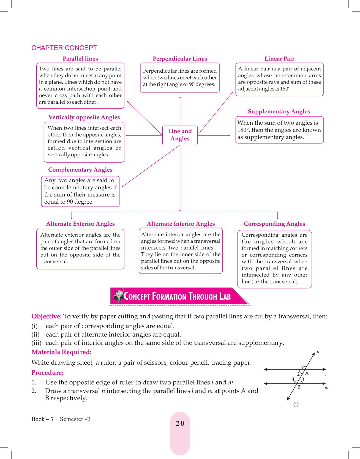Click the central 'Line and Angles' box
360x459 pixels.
180,135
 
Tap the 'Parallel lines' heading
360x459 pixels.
80,59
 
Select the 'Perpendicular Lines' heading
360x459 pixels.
180,59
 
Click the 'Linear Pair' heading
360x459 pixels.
279,59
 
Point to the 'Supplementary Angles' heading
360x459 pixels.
279,111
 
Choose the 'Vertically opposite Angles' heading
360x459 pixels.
84,117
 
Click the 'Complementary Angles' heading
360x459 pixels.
80,170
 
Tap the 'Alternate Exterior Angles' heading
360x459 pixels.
80,224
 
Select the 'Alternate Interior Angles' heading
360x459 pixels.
181,224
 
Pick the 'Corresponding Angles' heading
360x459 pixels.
274,224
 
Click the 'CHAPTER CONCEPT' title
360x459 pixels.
64,48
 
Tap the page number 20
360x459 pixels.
180,423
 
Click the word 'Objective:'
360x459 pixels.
47,316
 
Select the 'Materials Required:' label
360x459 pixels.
61,352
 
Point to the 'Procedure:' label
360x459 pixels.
47,373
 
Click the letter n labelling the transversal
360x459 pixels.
318,352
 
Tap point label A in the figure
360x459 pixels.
307,373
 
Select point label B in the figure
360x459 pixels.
299,387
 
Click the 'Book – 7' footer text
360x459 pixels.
42,419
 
